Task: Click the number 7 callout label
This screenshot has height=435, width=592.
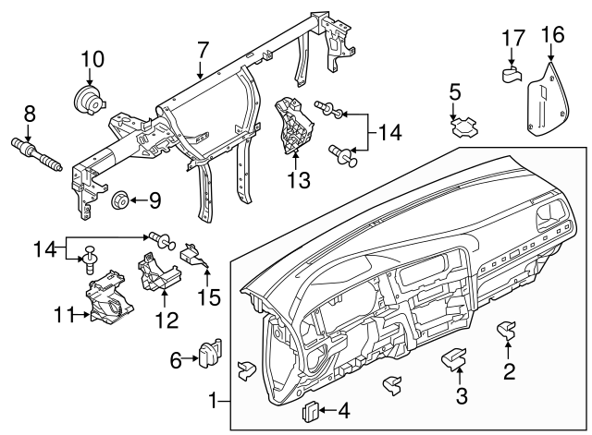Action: coord(203,52)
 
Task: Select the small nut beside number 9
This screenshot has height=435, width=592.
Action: coord(118,199)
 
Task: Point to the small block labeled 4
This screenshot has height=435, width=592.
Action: coord(314,410)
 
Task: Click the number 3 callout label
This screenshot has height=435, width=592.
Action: coord(460,397)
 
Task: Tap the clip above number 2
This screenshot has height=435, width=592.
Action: coord(507,329)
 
